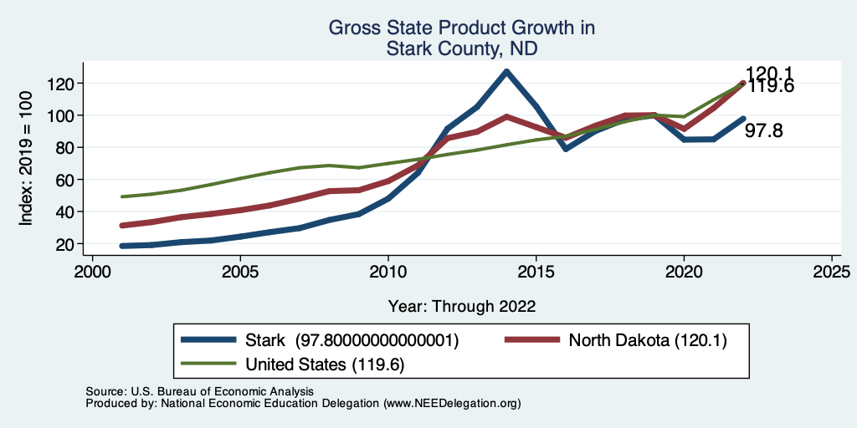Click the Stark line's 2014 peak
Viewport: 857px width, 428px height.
pyautogui.click(x=506, y=72)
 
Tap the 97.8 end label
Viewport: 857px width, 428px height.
pyautogui.click(x=764, y=130)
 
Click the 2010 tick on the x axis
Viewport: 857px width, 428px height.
pyautogui.click(x=388, y=272)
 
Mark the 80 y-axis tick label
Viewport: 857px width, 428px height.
pyautogui.click(x=66, y=148)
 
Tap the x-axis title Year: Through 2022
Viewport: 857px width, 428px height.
pyautogui.click(x=461, y=306)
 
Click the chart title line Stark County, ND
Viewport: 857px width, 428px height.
pyautogui.click(x=461, y=48)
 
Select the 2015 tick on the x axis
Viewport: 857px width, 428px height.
pyautogui.click(x=536, y=272)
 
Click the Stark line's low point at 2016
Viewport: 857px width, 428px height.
pyautogui.click(x=567, y=149)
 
